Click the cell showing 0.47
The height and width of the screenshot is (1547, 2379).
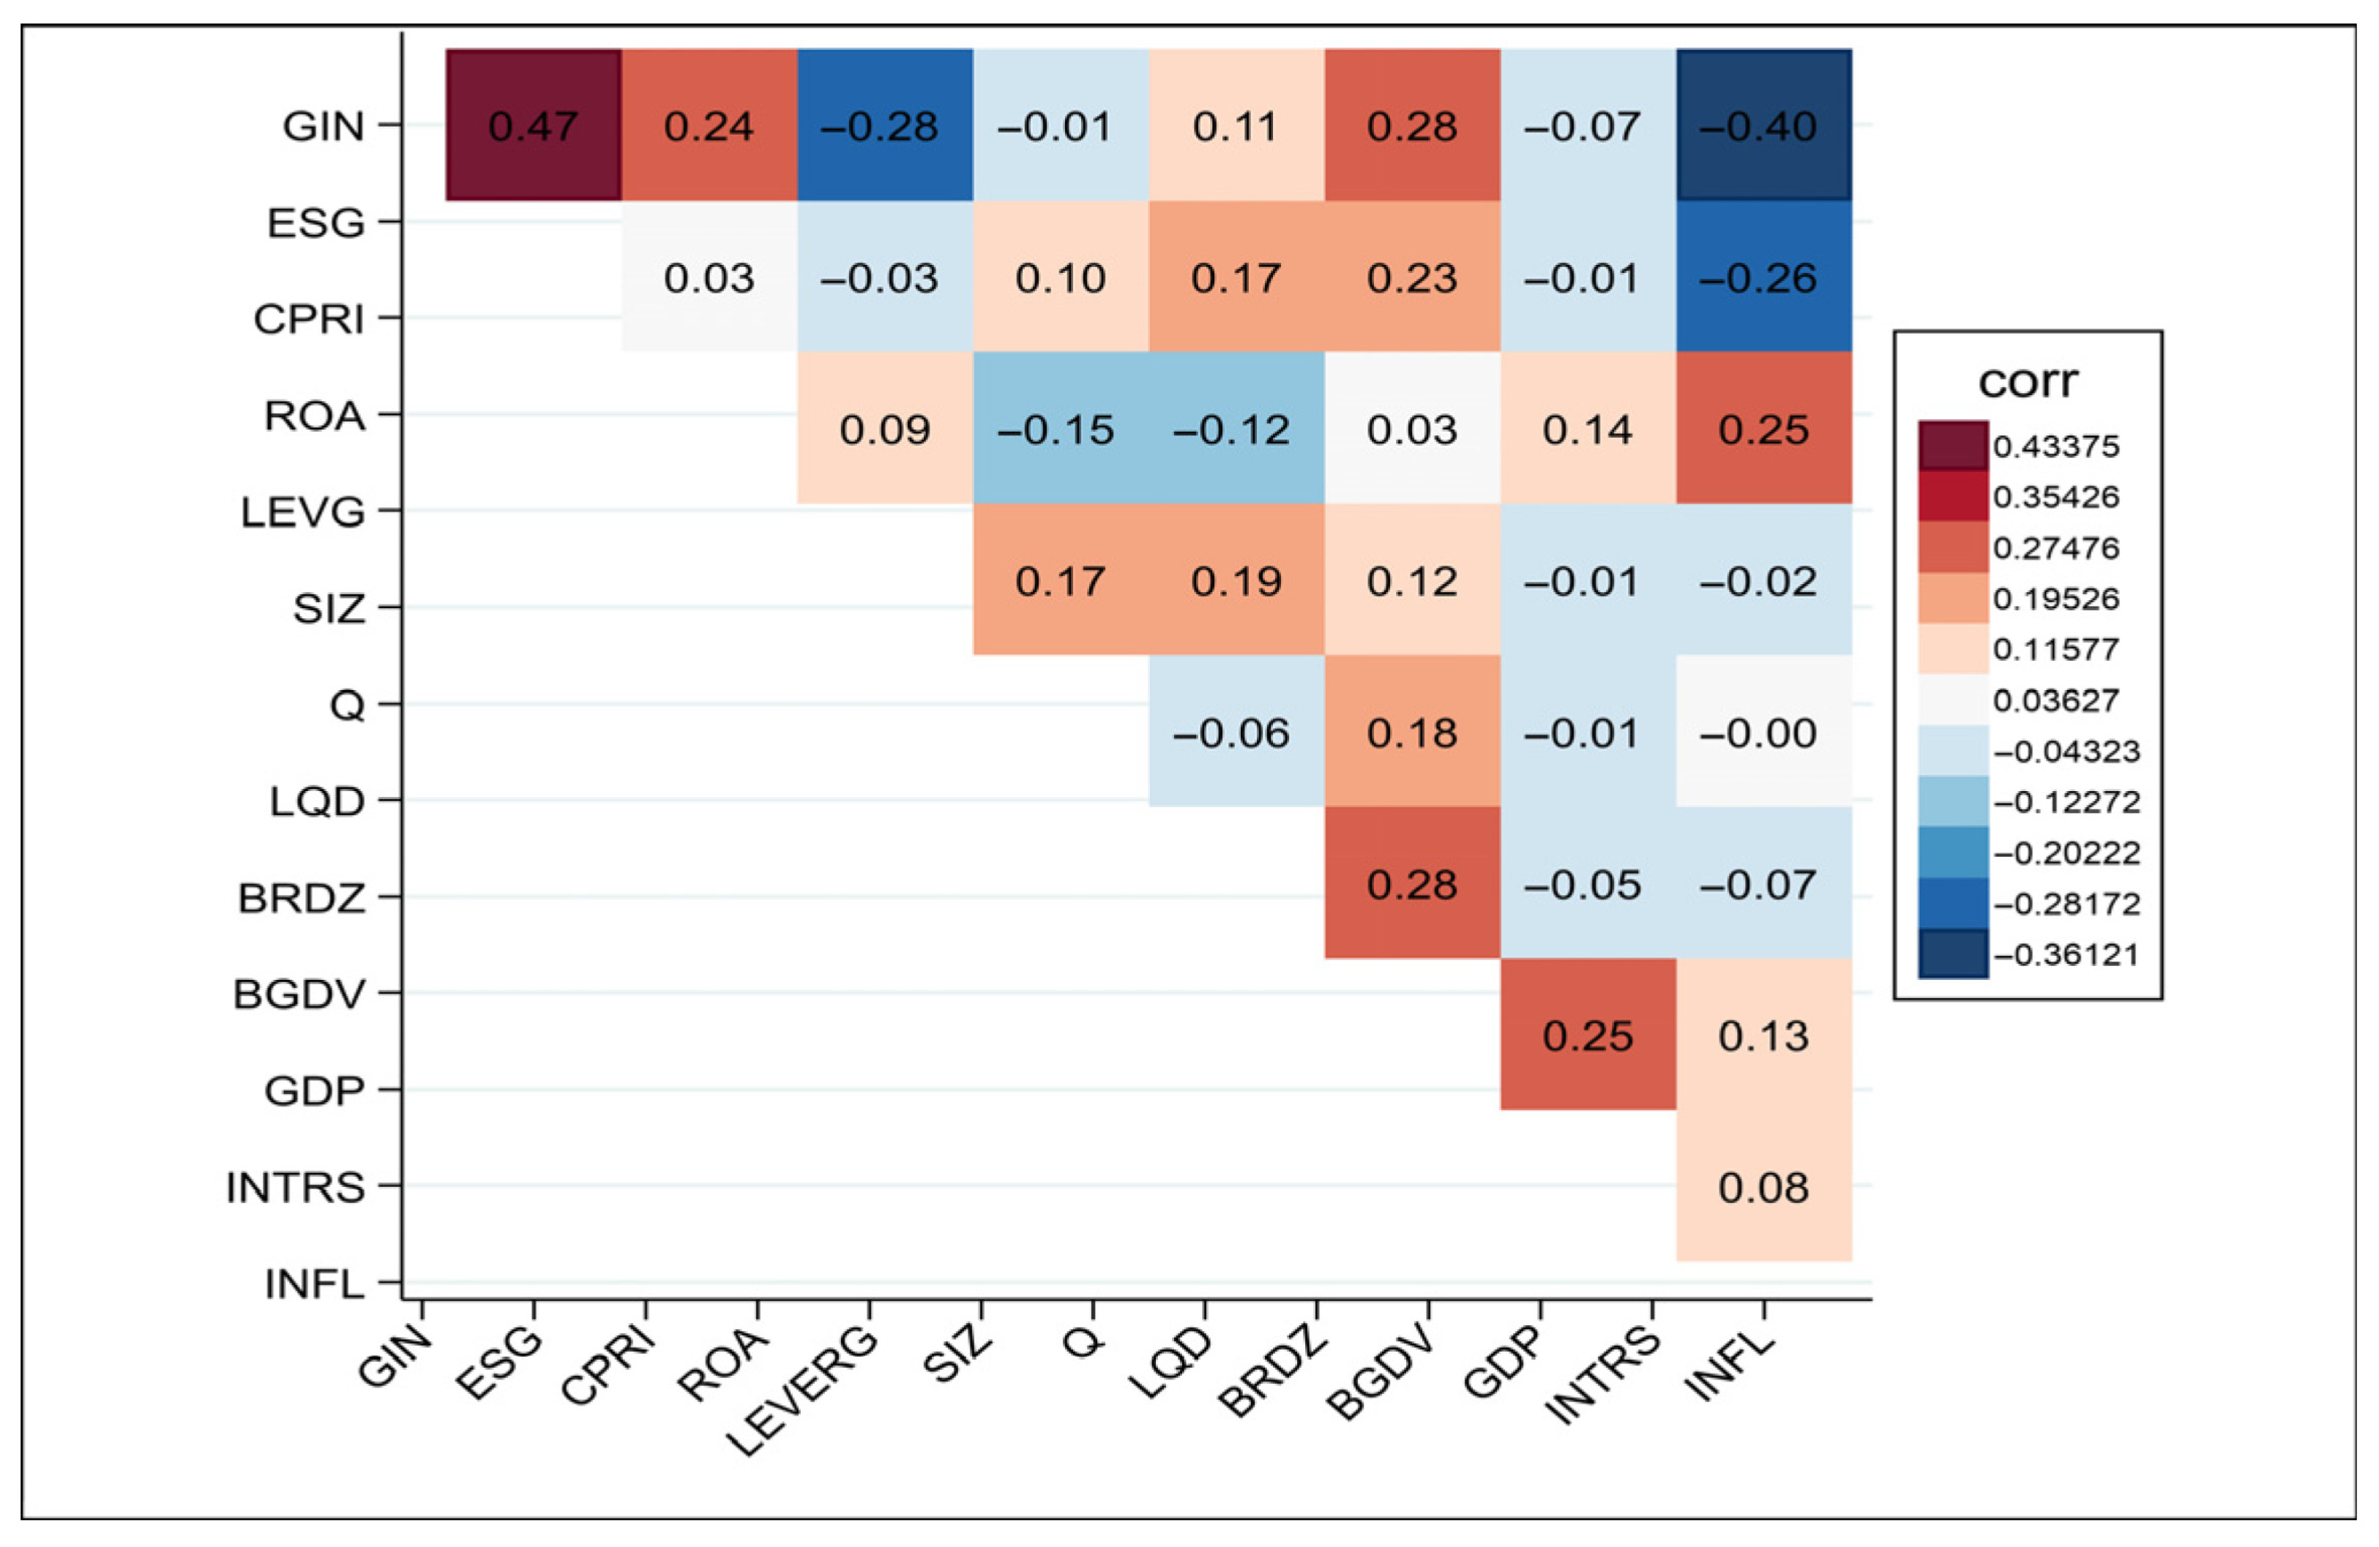pos(534,125)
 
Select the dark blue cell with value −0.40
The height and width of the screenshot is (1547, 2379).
pos(1764,125)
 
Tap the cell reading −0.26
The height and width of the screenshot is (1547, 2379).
pos(1764,277)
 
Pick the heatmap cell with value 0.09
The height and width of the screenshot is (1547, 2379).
pos(886,429)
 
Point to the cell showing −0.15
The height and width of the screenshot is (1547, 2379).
pos(1061,429)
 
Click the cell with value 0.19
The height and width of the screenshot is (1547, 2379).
pos(1236,580)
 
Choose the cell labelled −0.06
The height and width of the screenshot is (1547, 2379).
pos(1236,733)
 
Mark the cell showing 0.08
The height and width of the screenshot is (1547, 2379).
pos(1764,1186)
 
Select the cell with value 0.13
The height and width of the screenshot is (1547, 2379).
pos(1764,1035)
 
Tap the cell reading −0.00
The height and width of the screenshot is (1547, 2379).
pos(1764,733)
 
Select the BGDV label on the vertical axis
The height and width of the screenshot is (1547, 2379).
pos(299,995)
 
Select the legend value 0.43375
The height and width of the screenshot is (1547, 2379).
pos(2056,446)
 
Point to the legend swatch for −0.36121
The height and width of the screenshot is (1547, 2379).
pos(1953,954)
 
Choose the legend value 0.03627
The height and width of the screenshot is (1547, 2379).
pos(2056,700)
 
